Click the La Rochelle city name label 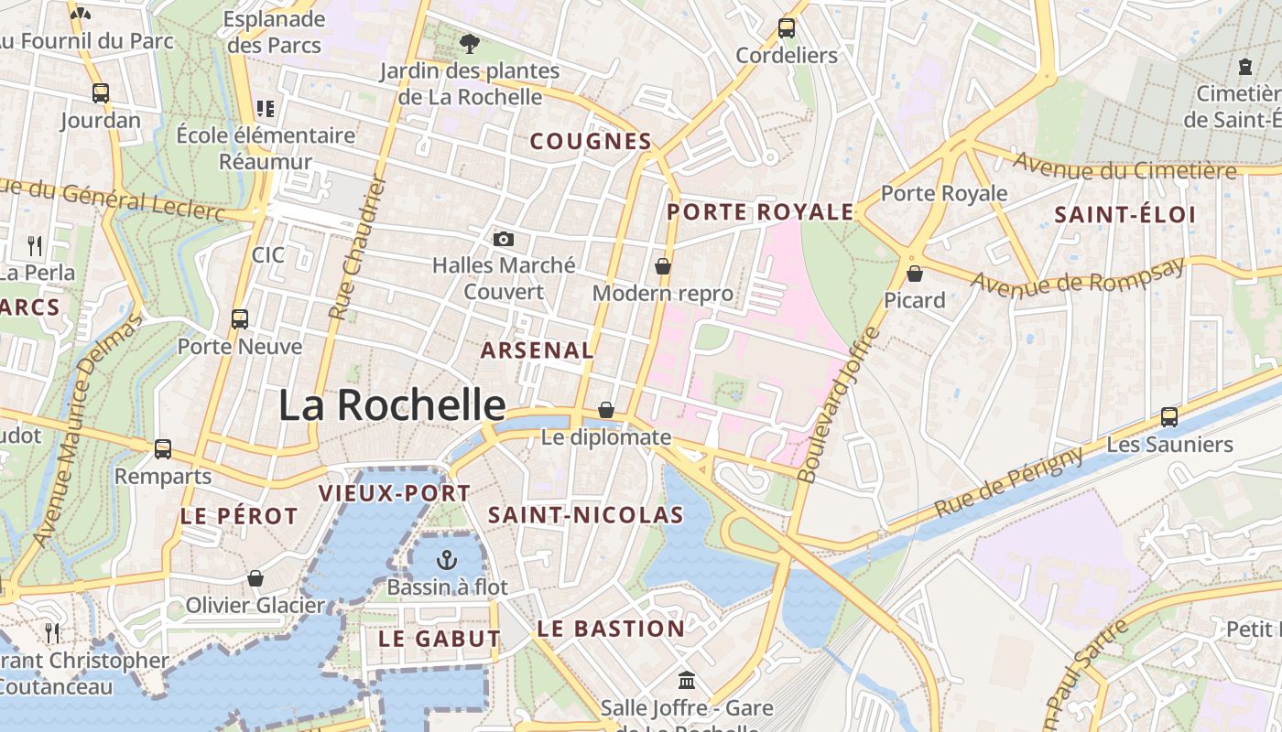[x=392, y=404]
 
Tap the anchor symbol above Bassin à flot [x=447, y=559]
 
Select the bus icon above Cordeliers [x=787, y=28]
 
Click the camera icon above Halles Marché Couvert [x=503, y=240]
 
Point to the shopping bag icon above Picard [x=914, y=273]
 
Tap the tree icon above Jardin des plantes [x=469, y=43]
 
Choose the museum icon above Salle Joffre [x=687, y=681]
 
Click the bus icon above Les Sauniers [x=1169, y=417]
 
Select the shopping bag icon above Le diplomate [x=606, y=410]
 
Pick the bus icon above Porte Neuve [x=240, y=319]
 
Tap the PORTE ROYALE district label [x=760, y=212]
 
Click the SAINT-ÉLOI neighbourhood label [x=1125, y=215]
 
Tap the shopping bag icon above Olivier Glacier [x=255, y=578]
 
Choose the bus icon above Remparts [x=163, y=449]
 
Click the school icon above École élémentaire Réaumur [x=266, y=109]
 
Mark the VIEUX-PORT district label [x=394, y=493]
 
